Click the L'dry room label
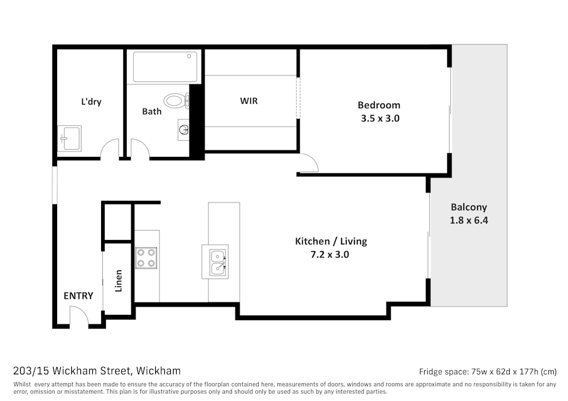[91, 102]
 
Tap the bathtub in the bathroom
[165, 67]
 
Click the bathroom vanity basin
[183, 129]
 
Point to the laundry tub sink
[69, 138]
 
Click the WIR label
[249, 101]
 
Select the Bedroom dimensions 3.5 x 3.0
[379, 118]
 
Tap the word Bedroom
[379, 105]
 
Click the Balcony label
[469, 207]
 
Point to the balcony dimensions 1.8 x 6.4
[469, 220]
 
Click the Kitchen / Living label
[331, 241]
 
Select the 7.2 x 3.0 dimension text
[330, 254]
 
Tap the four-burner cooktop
[146, 257]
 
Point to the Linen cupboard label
[118, 281]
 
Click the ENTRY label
[79, 296]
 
